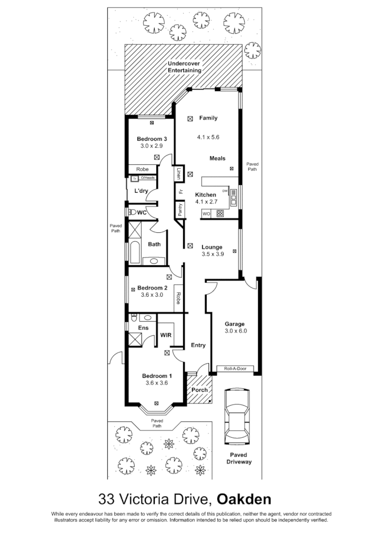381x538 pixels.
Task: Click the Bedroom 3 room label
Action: tap(152, 139)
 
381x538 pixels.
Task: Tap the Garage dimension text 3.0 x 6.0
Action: tap(236, 332)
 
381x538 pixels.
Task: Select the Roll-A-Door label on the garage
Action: tap(235, 368)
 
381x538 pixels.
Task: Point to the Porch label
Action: tap(199, 390)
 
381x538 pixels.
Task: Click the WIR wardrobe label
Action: tap(167, 334)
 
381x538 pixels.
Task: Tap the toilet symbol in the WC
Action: tap(132, 212)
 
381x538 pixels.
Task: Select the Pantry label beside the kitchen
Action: tap(180, 210)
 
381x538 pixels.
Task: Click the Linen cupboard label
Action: tap(179, 173)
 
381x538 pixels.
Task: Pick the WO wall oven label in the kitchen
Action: tap(207, 214)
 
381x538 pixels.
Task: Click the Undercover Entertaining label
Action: tap(184, 67)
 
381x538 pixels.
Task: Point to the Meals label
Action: tap(217, 158)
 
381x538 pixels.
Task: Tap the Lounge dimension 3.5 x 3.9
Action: tap(213, 254)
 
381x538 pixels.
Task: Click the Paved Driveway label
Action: tap(239, 458)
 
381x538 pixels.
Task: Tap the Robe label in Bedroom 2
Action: tap(179, 298)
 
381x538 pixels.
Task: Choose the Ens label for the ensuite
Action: tap(143, 328)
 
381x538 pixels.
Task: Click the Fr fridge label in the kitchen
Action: tap(180, 192)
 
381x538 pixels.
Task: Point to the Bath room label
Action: tap(154, 244)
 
